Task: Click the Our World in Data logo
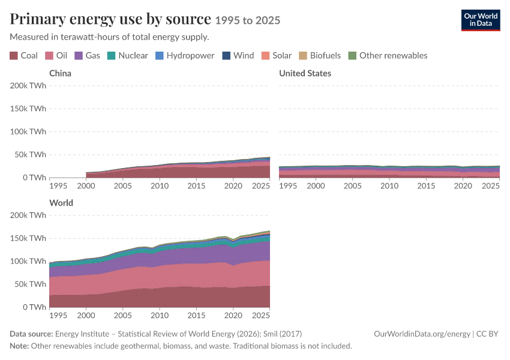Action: point(481,20)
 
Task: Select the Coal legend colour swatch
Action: point(14,56)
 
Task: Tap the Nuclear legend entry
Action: point(127,56)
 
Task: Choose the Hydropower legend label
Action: point(190,56)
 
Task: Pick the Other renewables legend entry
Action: point(388,56)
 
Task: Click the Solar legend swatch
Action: point(265,56)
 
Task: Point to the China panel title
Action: point(60,73)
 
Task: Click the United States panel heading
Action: point(305,73)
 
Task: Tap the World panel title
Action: point(61,203)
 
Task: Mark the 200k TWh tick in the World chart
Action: point(28,215)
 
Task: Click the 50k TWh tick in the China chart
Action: point(30,154)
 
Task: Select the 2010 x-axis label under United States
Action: point(389,185)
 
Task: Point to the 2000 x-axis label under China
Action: point(86,185)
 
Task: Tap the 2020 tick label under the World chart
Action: point(233,315)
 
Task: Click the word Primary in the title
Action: point(37,19)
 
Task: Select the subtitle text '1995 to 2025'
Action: point(248,20)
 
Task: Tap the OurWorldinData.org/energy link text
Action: point(422,334)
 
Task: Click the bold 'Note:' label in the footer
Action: point(19,346)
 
